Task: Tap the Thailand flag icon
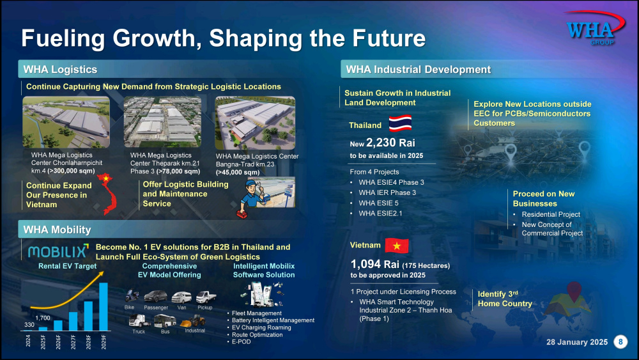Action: point(400,123)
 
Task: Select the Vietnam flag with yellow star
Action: point(397,246)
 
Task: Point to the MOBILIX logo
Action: point(58,251)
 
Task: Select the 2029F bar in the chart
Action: point(104,306)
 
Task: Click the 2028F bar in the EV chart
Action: point(88,316)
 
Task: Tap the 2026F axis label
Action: point(58,341)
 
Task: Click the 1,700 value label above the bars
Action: point(43,318)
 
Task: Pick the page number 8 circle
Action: point(620,341)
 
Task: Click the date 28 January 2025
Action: point(576,342)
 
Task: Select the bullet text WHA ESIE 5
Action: point(378,203)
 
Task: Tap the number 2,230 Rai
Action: point(390,143)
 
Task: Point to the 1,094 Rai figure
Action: point(375,264)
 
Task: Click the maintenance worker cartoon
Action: point(251,199)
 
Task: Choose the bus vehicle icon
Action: point(165,321)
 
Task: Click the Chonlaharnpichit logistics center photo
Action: point(66,122)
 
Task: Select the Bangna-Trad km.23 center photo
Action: point(255,123)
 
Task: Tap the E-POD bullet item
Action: point(242,341)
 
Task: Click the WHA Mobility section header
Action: point(57,230)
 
